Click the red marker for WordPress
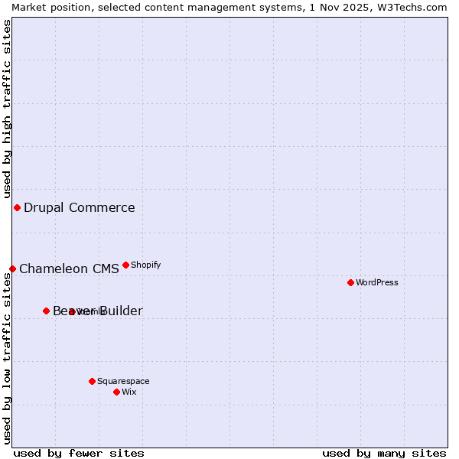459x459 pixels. pyautogui.click(x=350, y=282)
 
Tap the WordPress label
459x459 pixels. pyautogui.click(x=377, y=282)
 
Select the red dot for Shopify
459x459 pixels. pyautogui.click(x=125, y=265)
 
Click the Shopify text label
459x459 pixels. pyautogui.click(x=145, y=265)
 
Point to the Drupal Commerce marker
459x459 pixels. pyautogui.click(x=17, y=207)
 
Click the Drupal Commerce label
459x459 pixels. pyautogui.click(x=79, y=207)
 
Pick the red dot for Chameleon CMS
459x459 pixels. pyautogui.click(x=12, y=269)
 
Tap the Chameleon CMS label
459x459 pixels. pyautogui.click(x=69, y=269)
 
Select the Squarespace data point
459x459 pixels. pyautogui.click(x=92, y=381)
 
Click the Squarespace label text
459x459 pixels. pyautogui.click(x=123, y=381)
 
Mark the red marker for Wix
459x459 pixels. pyautogui.click(x=116, y=392)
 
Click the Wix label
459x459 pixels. pyautogui.click(x=129, y=392)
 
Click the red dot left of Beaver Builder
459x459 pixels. pyautogui.click(x=46, y=311)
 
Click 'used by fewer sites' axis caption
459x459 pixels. pyautogui.click(x=79, y=453)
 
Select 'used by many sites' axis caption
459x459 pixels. pyautogui.click(x=384, y=453)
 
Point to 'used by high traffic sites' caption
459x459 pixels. pyautogui.click(x=7, y=107)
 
